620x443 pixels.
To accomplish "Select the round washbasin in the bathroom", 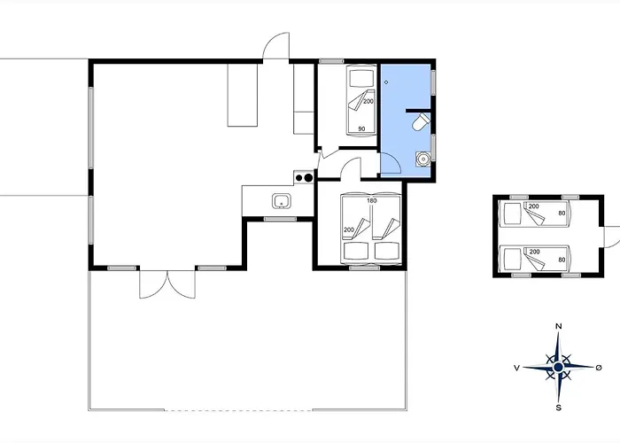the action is pos(423,159).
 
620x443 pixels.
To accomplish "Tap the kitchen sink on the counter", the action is pos(282,201).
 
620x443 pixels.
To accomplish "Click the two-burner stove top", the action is pos(304,177).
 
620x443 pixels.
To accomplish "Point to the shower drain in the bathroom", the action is pos(386,82).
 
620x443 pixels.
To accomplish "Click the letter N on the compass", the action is pos(559,326).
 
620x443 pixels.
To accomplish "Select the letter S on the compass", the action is pos(558,408).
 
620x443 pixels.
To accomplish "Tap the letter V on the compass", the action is pos(516,368).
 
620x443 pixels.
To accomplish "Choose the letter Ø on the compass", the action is pos(599,368).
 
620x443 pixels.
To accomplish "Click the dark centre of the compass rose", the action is pos(558,368).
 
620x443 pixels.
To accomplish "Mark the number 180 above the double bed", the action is pos(372,200).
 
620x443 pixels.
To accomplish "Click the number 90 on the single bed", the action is pos(361,128).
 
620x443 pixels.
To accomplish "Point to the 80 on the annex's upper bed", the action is pos(562,214).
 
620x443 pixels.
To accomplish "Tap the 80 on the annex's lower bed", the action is pos(562,260).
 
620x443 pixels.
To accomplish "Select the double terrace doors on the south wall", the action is pos(167,284).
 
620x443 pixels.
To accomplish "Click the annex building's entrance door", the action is pos(612,237).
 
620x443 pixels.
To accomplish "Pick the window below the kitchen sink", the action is pos(280,219).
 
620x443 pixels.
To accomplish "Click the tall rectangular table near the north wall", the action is pos(243,95).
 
